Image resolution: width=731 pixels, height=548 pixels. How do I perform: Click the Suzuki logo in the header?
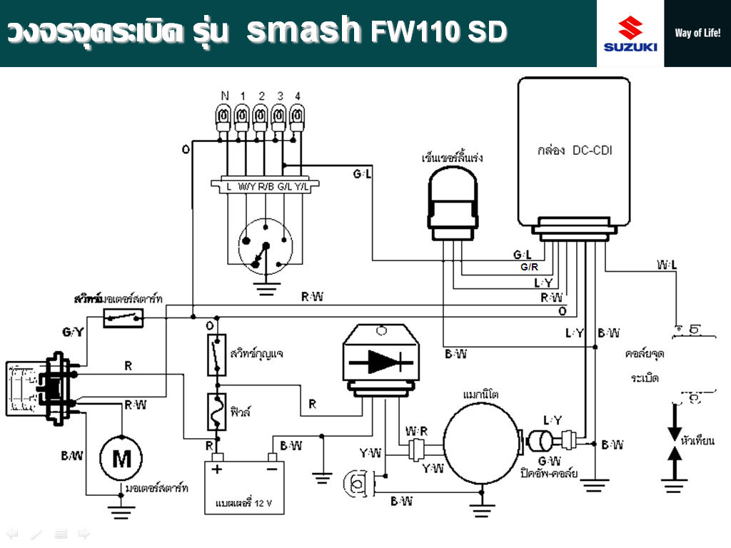630,34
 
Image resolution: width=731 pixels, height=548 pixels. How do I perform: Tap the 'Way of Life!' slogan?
697,34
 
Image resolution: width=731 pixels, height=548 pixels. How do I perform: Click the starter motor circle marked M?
121,457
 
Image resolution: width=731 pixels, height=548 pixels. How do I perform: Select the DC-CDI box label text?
574,151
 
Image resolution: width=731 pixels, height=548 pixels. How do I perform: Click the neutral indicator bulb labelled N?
224,116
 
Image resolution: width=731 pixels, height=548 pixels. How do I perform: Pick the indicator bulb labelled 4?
296,116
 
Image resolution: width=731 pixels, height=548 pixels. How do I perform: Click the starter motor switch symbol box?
123,318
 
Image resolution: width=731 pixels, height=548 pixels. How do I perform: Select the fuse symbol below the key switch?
216,412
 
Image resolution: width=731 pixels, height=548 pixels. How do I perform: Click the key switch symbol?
216,354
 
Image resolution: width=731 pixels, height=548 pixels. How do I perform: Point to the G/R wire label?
529,268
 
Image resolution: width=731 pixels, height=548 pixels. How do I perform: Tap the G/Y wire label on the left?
74,332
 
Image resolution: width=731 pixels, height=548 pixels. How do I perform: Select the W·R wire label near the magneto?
416,432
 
